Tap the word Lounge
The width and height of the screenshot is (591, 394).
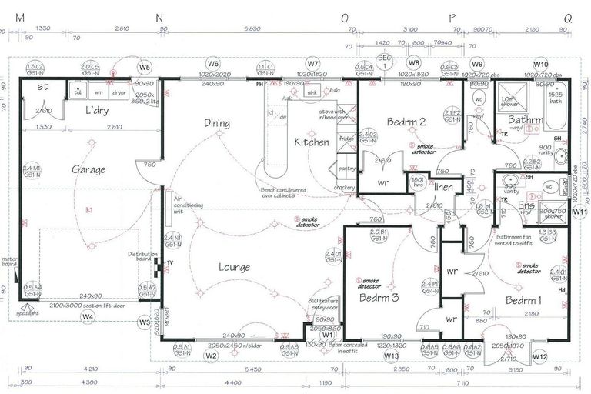point(233,268)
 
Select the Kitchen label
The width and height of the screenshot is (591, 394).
point(312,142)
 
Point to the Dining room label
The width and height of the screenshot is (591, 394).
point(217,122)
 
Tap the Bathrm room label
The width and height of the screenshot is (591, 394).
point(526,120)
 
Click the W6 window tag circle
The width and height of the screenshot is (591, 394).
point(213,64)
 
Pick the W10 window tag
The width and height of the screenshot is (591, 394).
point(541,64)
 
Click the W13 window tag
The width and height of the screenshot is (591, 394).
point(391,356)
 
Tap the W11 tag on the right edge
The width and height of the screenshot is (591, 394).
point(580,211)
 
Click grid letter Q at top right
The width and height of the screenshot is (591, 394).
point(568,16)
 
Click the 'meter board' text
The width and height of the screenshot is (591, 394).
point(9,262)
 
